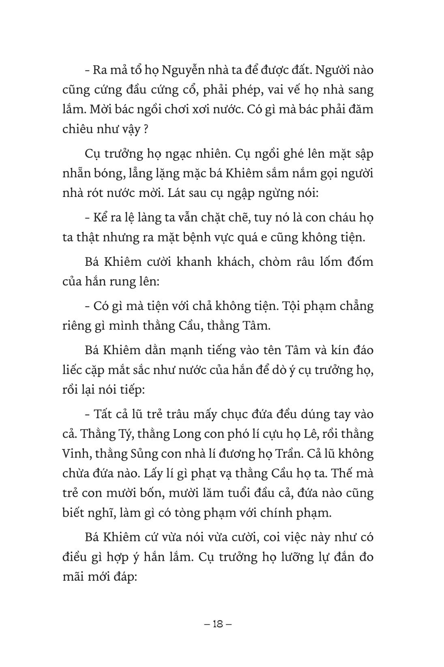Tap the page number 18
click(x=217, y=624)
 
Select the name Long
click(x=187, y=434)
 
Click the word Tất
click(x=102, y=415)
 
